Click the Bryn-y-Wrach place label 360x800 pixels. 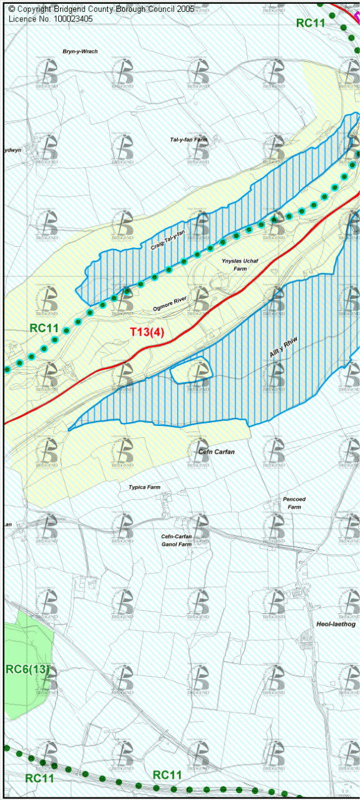80,51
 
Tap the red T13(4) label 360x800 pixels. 147,333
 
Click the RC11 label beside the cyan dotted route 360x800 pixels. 44,328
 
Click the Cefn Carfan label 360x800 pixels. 216,452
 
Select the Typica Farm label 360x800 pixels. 145,487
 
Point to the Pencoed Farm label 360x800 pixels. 294,502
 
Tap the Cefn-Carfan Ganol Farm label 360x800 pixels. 176,541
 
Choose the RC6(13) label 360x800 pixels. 28,669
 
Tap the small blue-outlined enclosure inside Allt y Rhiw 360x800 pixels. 191,371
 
